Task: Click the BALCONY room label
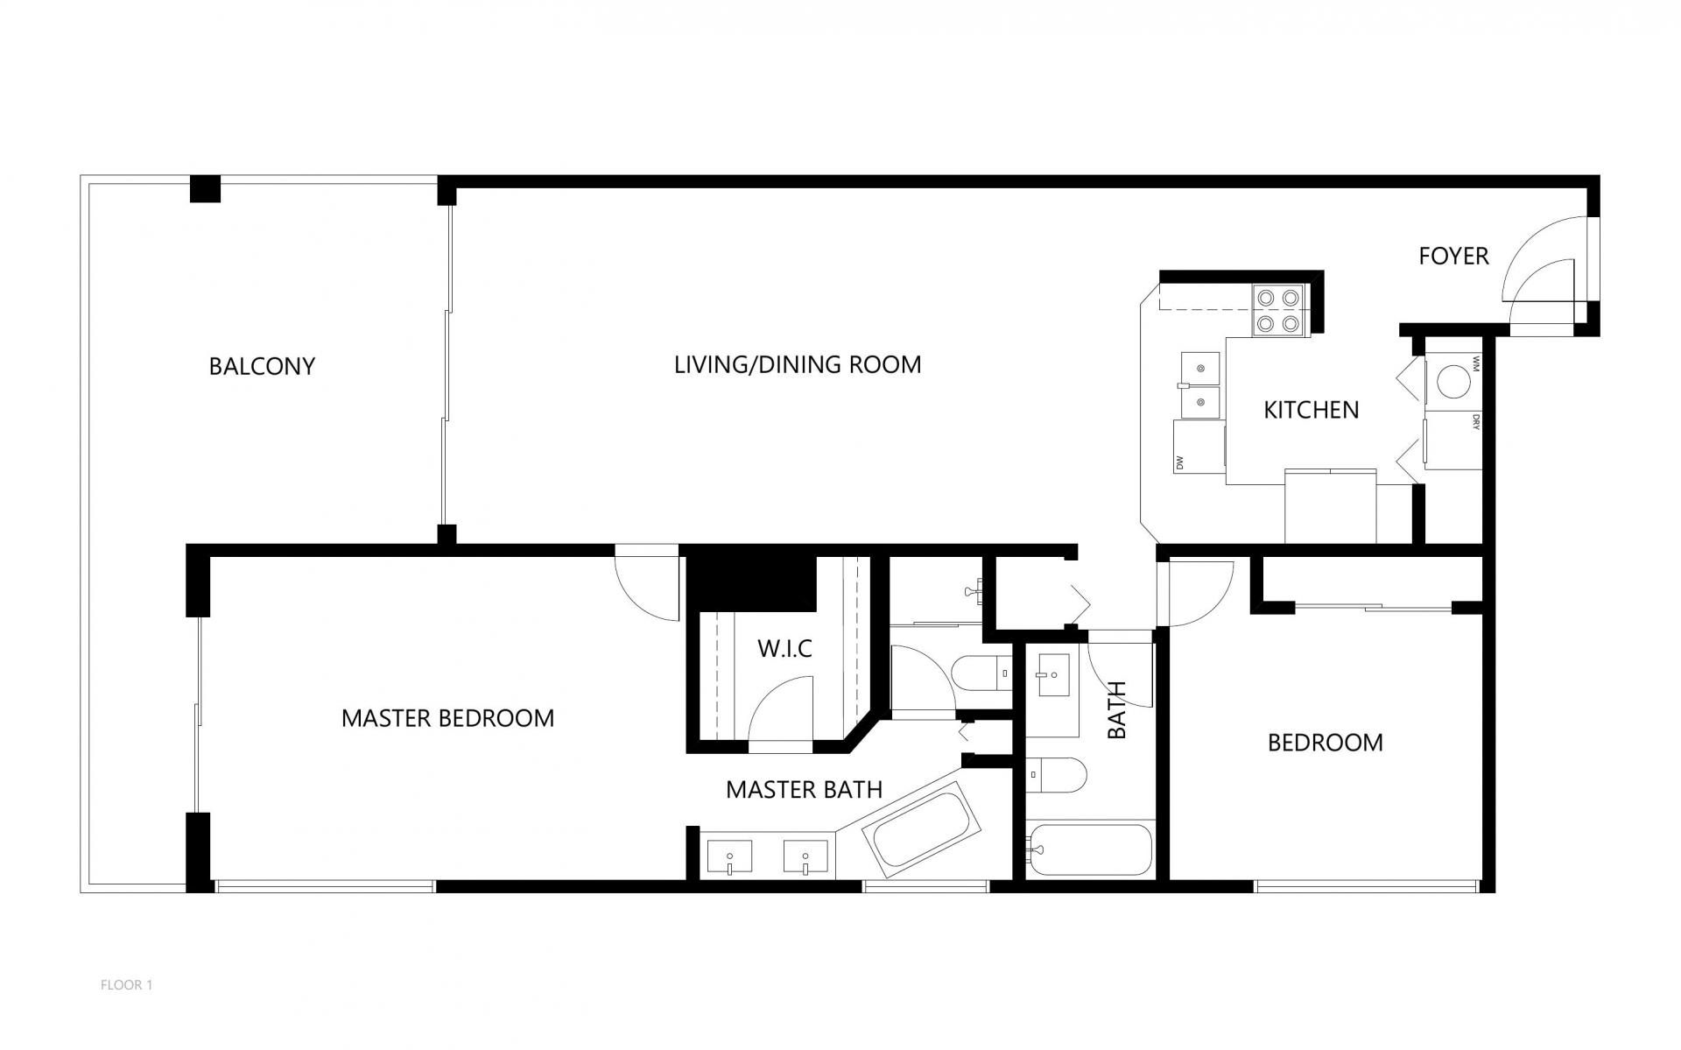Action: pyautogui.click(x=262, y=366)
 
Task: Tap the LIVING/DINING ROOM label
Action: pyautogui.click(x=797, y=364)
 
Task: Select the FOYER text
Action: pyautogui.click(x=1453, y=256)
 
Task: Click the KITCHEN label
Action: pyautogui.click(x=1311, y=410)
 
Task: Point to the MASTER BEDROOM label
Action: pyautogui.click(x=447, y=718)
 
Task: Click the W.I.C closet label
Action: pyautogui.click(x=784, y=649)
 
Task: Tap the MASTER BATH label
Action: pyautogui.click(x=804, y=790)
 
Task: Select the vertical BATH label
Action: pyautogui.click(x=1117, y=710)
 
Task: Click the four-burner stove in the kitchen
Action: pyautogui.click(x=1277, y=311)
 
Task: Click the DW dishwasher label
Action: pyautogui.click(x=1179, y=462)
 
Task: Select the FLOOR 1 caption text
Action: pyautogui.click(x=127, y=985)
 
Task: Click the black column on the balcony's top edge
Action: pyautogui.click(x=206, y=189)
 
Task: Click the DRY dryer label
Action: pyautogui.click(x=1475, y=422)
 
